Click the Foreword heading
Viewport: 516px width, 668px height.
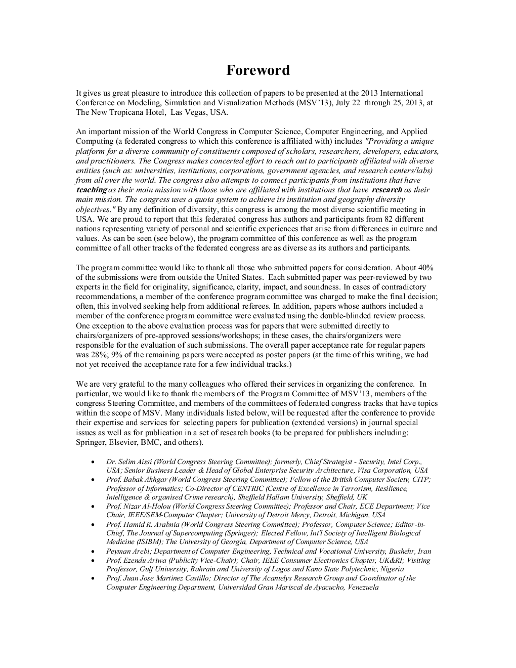click(x=257, y=70)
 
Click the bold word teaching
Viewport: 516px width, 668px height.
click(x=91, y=190)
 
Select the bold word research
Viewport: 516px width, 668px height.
click(x=386, y=190)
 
